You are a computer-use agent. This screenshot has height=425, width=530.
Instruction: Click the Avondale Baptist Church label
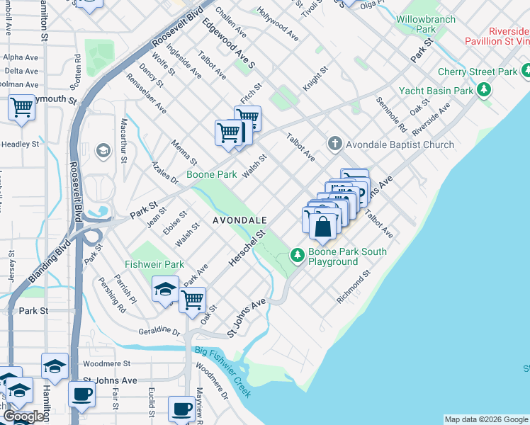click(x=400, y=144)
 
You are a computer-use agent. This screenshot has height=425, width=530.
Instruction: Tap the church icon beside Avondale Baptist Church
click(x=336, y=144)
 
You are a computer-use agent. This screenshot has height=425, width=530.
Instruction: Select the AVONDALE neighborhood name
click(x=239, y=221)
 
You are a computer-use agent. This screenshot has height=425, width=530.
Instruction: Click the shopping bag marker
click(x=322, y=227)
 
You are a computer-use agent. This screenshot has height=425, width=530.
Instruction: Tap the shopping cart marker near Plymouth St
click(x=22, y=108)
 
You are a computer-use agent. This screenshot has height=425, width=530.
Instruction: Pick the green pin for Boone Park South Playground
click(x=297, y=254)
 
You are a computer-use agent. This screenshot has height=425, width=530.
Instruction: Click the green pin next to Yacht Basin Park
click(x=484, y=90)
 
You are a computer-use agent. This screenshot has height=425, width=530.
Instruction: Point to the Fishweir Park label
click(x=154, y=264)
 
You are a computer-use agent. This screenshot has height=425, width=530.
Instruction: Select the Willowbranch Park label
click(x=426, y=23)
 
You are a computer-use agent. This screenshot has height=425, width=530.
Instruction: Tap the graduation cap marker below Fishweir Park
click(x=165, y=290)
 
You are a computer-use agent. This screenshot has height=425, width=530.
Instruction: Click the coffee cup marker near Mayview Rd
click(x=181, y=409)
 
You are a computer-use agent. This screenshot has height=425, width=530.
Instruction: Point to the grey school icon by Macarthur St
click(x=103, y=150)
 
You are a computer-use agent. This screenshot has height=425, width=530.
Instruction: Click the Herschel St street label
click(x=247, y=248)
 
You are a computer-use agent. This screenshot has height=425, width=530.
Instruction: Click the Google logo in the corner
click(x=24, y=416)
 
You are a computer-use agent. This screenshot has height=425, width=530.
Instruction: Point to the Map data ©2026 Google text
click(x=486, y=419)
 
